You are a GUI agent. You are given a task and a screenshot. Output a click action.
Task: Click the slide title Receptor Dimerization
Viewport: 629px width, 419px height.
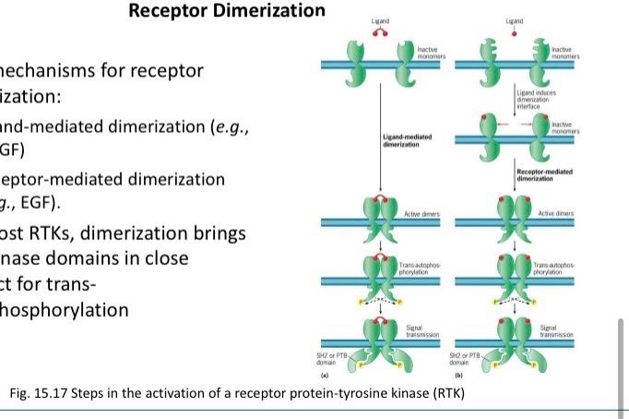point(227,12)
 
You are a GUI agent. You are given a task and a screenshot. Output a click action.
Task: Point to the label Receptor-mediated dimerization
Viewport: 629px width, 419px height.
point(544,174)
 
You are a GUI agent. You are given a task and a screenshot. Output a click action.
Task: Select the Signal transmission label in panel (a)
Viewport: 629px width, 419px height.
point(424,330)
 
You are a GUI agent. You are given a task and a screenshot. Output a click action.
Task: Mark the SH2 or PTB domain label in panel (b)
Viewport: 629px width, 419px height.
point(464,361)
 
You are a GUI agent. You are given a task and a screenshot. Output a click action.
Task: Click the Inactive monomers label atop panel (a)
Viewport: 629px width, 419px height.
point(432,52)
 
